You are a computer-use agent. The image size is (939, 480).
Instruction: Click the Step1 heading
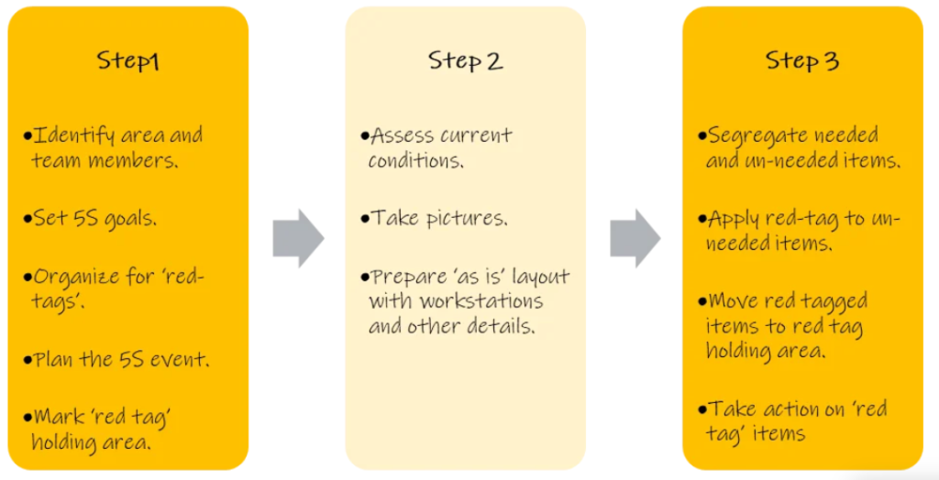(127, 61)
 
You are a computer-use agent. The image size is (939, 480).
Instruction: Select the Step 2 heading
(465, 61)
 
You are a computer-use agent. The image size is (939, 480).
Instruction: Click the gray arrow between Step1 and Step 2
(298, 238)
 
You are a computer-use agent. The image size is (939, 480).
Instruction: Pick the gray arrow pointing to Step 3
(635, 238)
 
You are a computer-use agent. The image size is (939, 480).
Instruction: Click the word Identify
(74, 136)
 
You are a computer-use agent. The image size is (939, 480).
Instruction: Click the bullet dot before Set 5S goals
(28, 220)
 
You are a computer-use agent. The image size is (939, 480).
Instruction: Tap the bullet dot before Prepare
(365, 277)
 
